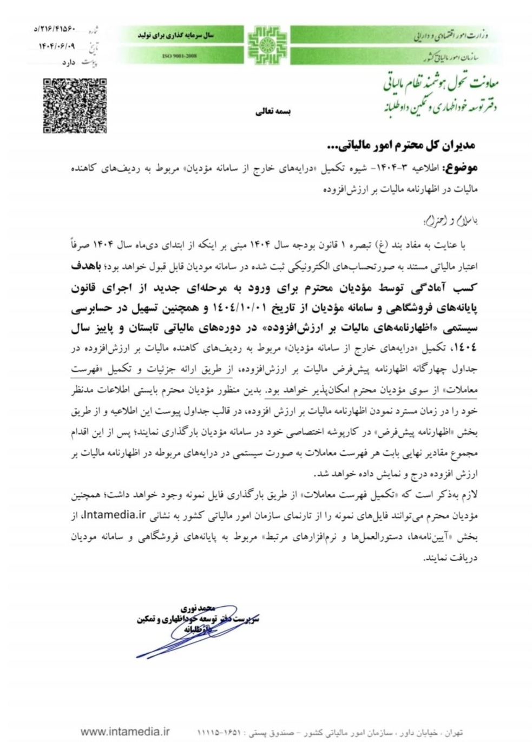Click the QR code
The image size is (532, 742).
(x=75, y=106)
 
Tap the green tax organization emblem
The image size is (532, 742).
(x=267, y=44)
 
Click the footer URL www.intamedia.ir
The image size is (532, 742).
(x=124, y=732)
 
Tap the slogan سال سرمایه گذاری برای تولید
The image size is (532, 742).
(x=176, y=35)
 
